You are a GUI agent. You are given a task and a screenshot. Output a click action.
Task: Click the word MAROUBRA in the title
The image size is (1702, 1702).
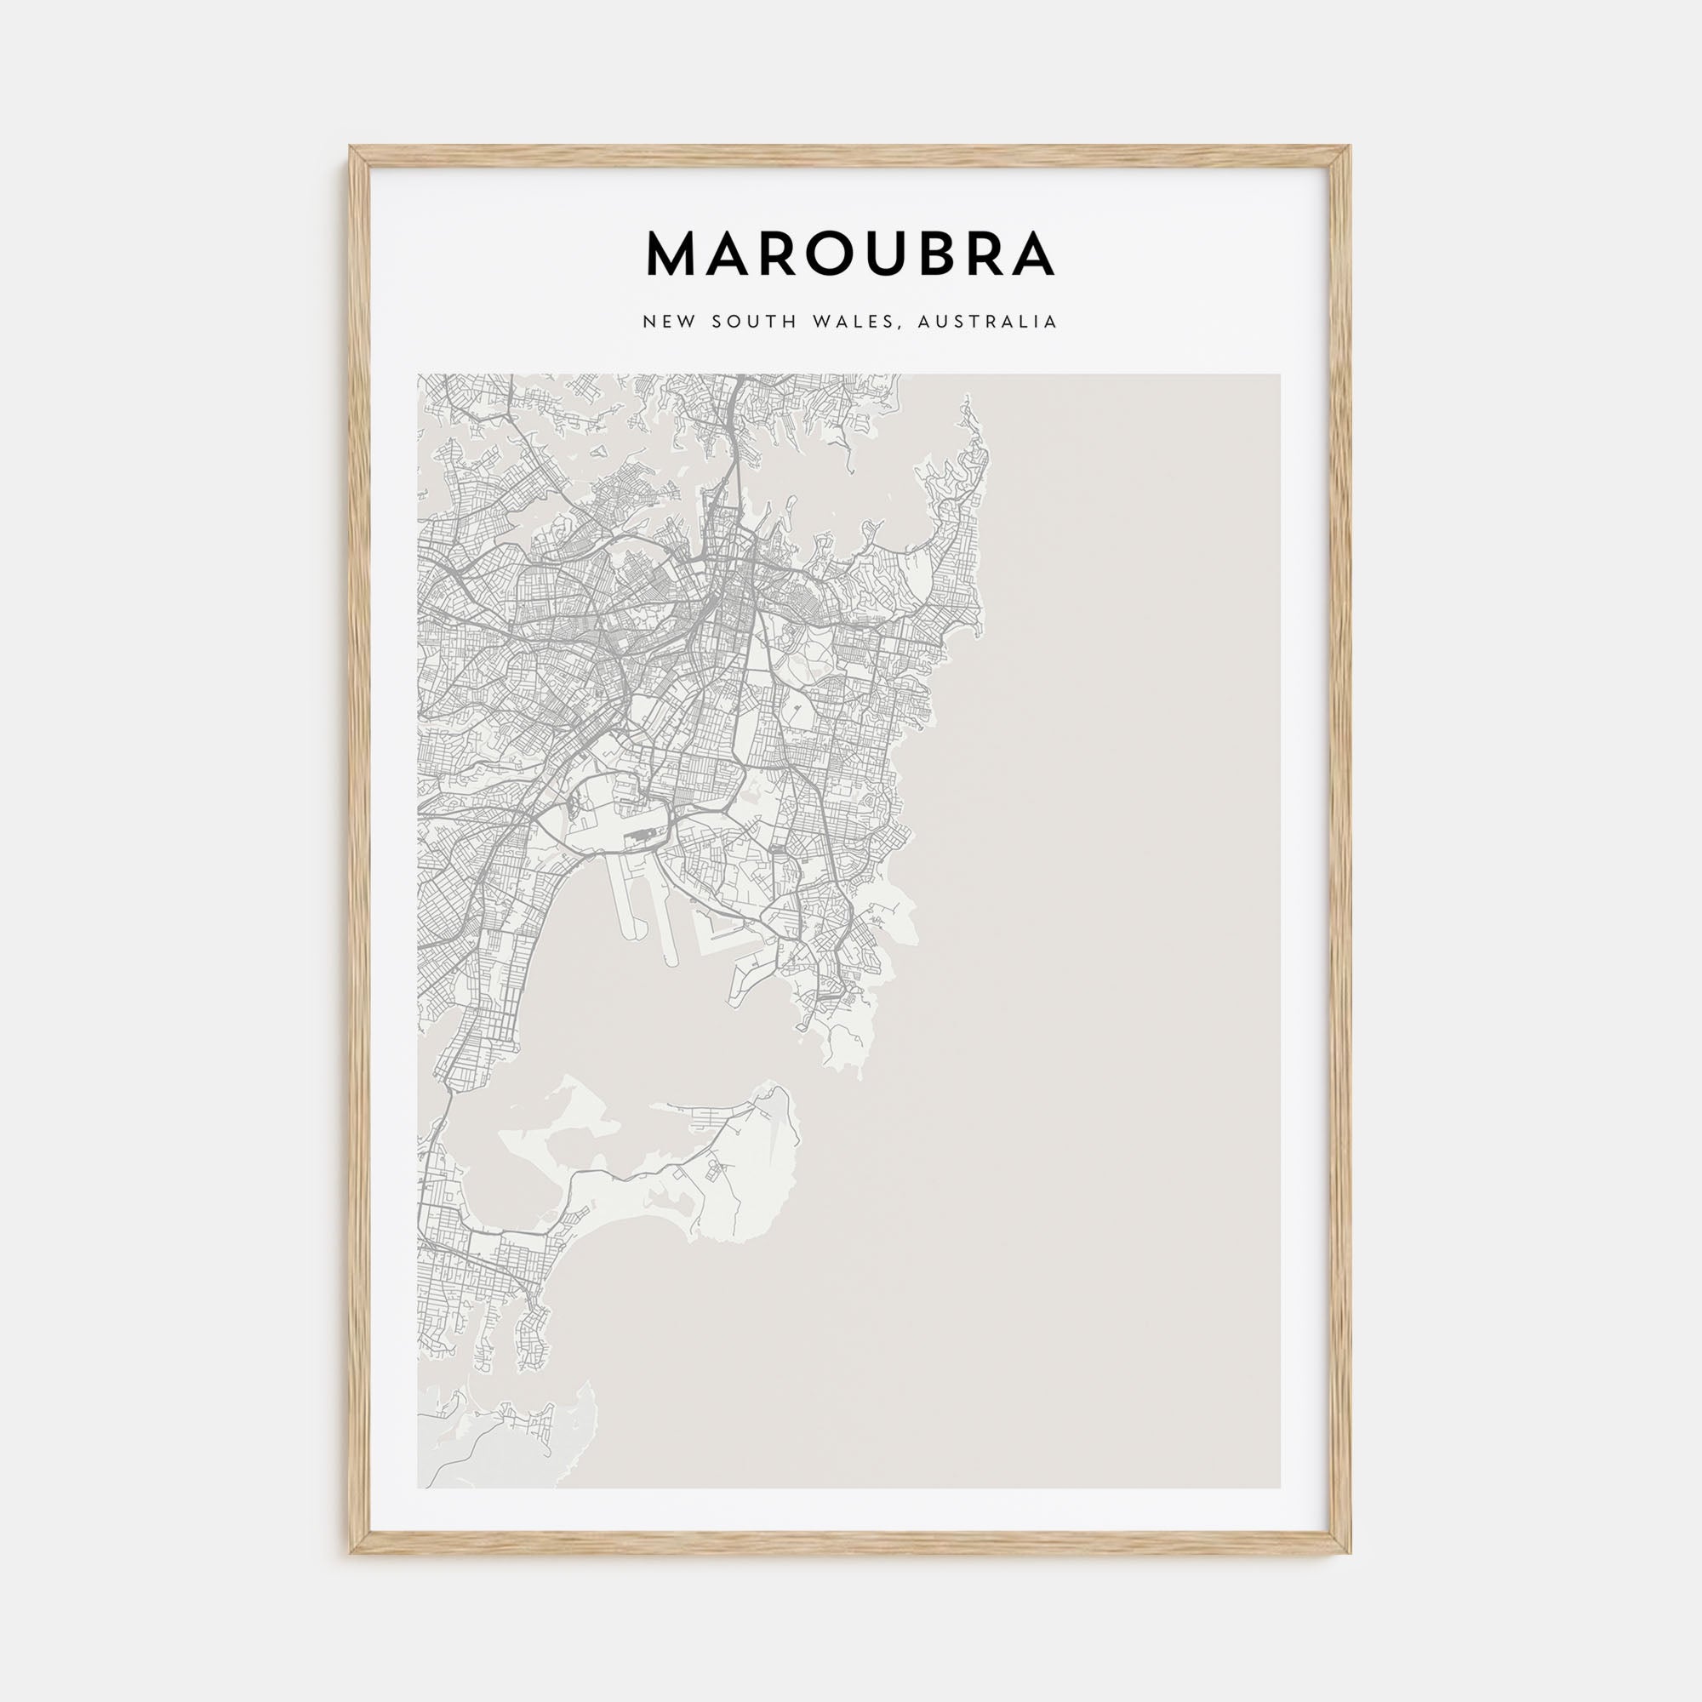coord(850,254)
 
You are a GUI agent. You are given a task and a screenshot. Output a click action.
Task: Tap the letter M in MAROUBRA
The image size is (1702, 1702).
coord(674,254)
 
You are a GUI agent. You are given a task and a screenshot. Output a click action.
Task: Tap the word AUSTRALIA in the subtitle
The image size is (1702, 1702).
coord(986,322)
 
